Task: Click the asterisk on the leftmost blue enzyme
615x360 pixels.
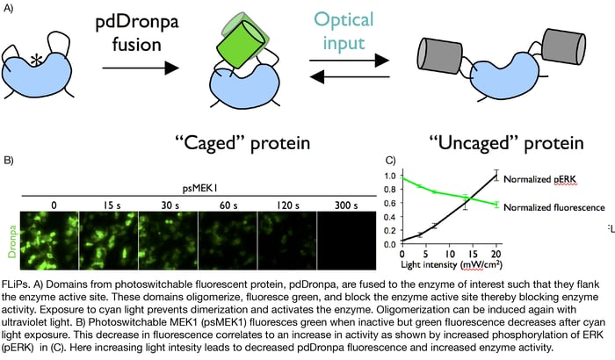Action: [36, 61]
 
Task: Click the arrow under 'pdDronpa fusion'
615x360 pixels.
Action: [141, 68]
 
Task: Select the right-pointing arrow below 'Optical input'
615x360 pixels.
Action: [349, 61]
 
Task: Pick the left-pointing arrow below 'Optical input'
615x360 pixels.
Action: [349, 76]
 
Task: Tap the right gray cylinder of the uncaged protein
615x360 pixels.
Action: [563, 46]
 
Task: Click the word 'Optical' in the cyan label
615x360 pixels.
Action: [344, 19]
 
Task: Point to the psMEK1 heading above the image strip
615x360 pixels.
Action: [200, 188]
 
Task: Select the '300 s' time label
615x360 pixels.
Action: [346, 205]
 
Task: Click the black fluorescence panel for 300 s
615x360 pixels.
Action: [346, 241]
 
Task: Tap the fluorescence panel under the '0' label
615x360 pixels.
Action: [49, 241]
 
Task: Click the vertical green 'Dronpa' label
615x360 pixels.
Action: [12, 241]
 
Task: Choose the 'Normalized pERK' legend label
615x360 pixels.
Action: [539, 179]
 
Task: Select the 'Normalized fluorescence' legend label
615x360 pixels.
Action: [553, 207]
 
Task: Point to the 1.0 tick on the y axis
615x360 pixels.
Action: [390, 176]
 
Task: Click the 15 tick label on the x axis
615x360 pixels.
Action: [473, 254]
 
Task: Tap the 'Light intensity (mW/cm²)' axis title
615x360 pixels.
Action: [451, 264]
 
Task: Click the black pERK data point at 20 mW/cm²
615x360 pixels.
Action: [496, 176]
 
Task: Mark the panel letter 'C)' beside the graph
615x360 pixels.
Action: [391, 160]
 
